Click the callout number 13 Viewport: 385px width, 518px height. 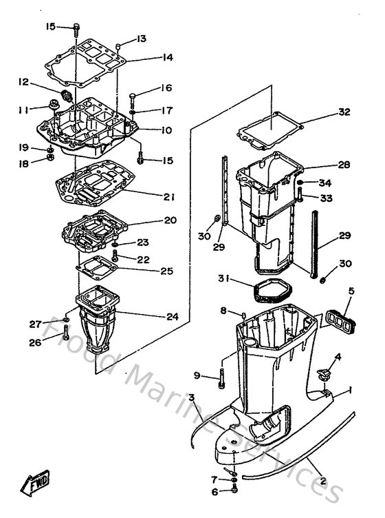tap(142, 39)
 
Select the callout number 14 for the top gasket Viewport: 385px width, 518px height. tap(167, 58)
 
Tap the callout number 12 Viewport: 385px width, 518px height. tap(23, 82)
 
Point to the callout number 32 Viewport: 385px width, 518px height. tap(344, 112)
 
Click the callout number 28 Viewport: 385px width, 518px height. tap(344, 165)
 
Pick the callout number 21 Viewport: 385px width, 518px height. tap(168, 197)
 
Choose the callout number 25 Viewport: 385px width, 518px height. tap(166, 271)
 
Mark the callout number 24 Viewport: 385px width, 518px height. tap(173, 317)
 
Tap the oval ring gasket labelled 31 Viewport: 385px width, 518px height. tap(261, 290)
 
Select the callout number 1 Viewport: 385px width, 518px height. tap(351, 391)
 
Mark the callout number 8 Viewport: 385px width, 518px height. tap(223, 311)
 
